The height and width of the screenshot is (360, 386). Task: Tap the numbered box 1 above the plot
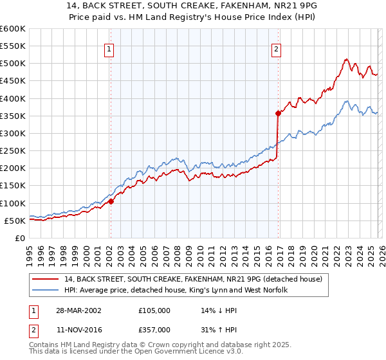click(109, 49)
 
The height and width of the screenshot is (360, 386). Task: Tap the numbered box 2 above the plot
click(276, 49)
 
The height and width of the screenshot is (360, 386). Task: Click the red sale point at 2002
click(111, 201)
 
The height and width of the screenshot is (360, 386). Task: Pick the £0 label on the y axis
click(19, 239)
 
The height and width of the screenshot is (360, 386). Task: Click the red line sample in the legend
click(46, 279)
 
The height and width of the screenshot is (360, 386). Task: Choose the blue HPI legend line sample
click(46, 290)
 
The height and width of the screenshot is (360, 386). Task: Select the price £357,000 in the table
click(154, 329)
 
